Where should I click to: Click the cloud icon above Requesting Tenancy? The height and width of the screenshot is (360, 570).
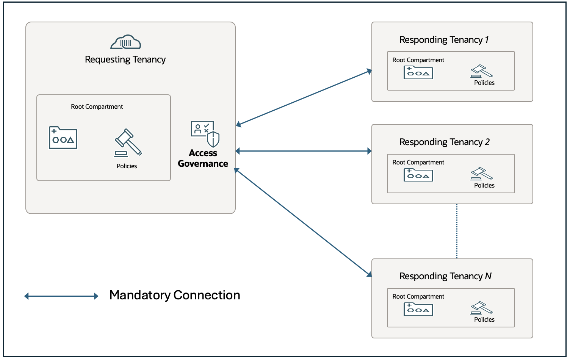pyautogui.click(x=125, y=42)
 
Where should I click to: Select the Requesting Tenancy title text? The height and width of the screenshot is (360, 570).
pyautogui.click(x=125, y=59)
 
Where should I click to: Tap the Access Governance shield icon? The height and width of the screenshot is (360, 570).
pyautogui.click(x=205, y=133)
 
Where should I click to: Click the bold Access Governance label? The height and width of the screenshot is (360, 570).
pyautogui.click(x=203, y=158)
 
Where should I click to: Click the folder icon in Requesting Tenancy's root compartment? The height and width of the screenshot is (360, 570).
pyautogui.click(x=63, y=138)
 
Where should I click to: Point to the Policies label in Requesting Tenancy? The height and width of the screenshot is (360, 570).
pyautogui.click(x=127, y=166)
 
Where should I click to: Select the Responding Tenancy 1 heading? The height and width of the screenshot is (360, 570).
pyautogui.click(x=444, y=40)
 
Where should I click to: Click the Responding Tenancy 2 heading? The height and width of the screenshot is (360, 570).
pyautogui.click(x=444, y=142)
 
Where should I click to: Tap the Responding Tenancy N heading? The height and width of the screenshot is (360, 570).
pyautogui.click(x=445, y=276)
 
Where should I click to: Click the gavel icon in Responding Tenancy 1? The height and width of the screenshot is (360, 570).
pyautogui.click(x=481, y=71)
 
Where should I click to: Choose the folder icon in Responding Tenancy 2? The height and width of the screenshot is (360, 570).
pyautogui.click(x=418, y=175)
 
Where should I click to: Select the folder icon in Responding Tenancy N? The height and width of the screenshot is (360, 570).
pyautogui.click(x=418, y=309)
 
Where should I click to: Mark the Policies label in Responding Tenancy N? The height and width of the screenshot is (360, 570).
pyautogui.click(x=484, y=319)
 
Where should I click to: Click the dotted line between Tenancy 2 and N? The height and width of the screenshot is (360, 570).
pyautogui.click(x=457, y=231)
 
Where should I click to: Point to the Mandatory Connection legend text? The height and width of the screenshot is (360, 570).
pyautogui.click(x=175, y=295)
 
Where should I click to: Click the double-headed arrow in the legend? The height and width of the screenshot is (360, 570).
pyautogui.click(x=61, y=296)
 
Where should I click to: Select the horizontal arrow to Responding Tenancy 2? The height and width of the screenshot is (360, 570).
pyautogui.click(x=303, y=151)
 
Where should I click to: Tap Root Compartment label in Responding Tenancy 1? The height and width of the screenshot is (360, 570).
pyautogui.click(x=418, y=60)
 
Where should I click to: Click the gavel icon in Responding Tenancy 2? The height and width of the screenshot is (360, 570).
pyautogui.click(x=481, y=174)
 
